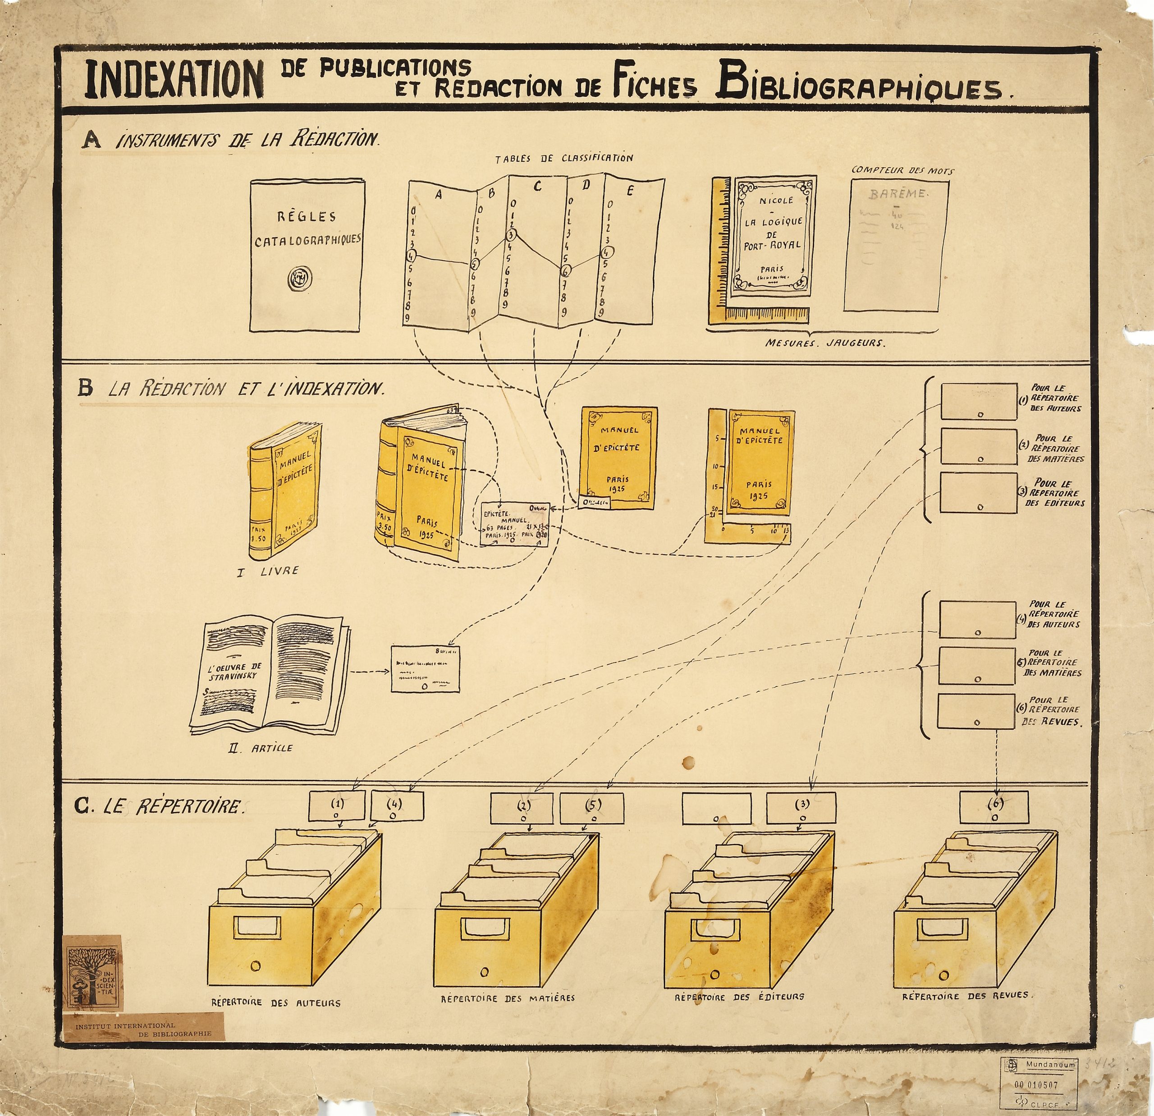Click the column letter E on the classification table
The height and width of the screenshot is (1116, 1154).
(629, 190)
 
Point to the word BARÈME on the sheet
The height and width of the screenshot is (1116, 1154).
(898, 194)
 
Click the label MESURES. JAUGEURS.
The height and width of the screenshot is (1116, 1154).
(825, 342)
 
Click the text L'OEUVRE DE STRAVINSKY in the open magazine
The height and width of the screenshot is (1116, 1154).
(234, 672)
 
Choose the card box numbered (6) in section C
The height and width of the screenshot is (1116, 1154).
(994, 807)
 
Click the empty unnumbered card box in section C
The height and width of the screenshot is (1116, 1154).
(716, 808)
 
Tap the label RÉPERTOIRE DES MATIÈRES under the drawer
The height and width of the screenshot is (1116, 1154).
(508, 998)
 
